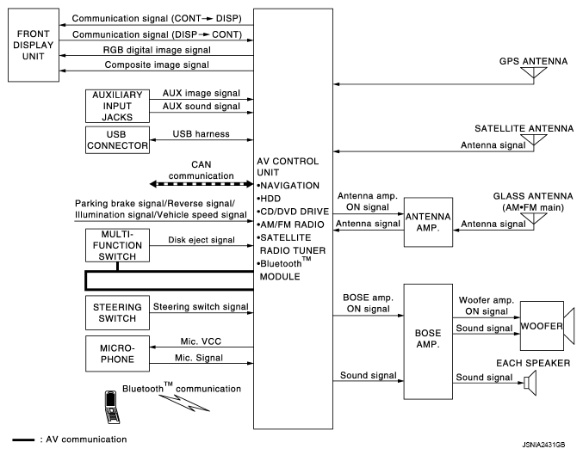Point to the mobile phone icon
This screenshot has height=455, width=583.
(112, 407)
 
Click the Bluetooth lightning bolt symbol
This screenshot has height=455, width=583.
(184, 403)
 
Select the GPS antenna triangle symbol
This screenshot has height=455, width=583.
(534, 73)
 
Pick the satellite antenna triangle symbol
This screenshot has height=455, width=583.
(534, 139)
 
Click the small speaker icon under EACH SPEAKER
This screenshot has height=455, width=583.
(530, 383)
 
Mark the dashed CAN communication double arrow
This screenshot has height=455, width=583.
(202, 183)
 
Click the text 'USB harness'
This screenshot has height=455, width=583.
(202, 133)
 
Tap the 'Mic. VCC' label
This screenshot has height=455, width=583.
(201, 341)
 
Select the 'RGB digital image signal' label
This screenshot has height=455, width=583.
(157, 50)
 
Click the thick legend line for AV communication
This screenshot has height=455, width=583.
(23, 440)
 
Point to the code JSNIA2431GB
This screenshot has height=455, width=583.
(543, 445)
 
